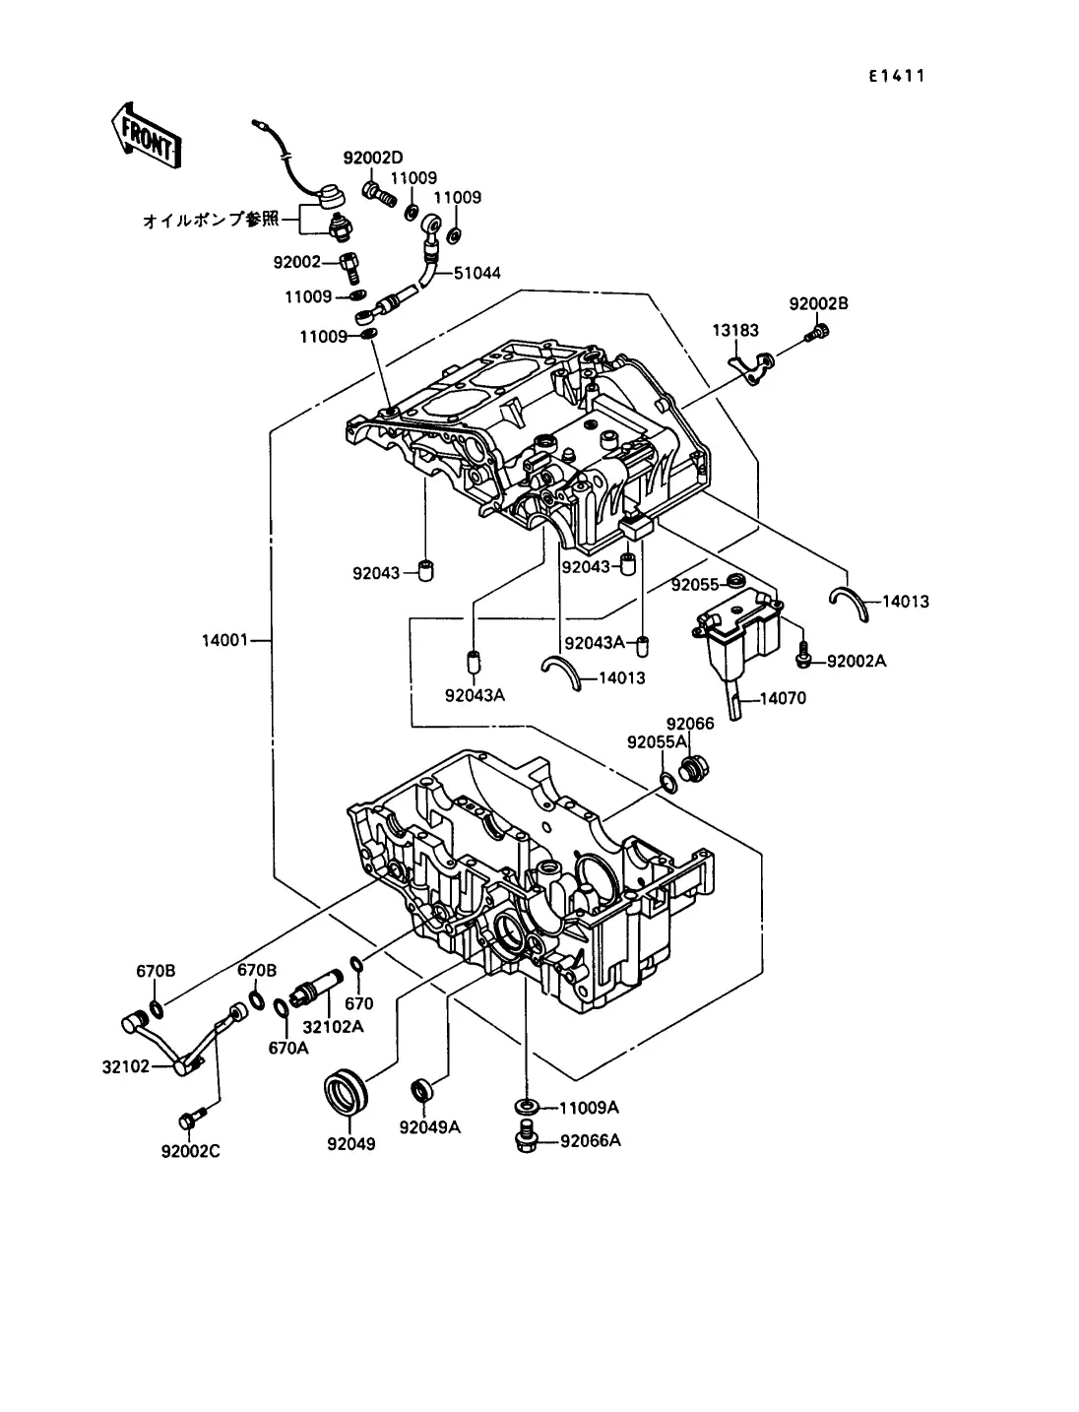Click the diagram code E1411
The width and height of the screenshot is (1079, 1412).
pyautogui.click(x=896, y=76)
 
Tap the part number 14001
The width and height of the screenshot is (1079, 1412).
pyautogui.click(x=225, y=641)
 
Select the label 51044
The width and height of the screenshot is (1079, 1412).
pyautogui.click(x=476, y=273)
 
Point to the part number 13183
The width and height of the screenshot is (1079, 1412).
pyautogui.click(x=736, y=332)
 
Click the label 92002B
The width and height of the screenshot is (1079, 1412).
pyautogui.click(x=818, y=304)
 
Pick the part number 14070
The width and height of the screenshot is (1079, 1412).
pyautogui.click(x=782, y=699)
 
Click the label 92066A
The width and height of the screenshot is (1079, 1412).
pyautogui.click(x=591, y=1141)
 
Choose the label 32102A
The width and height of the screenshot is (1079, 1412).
pyautogui.click(x=333, y=1026)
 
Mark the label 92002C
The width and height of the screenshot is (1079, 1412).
pyautogui.click(x=191, y=1150)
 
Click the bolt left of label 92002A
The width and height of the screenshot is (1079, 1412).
pyautogui.click(x=802, y=650)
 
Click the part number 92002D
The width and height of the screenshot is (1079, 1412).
pyautogui.click(x=373, y=158)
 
